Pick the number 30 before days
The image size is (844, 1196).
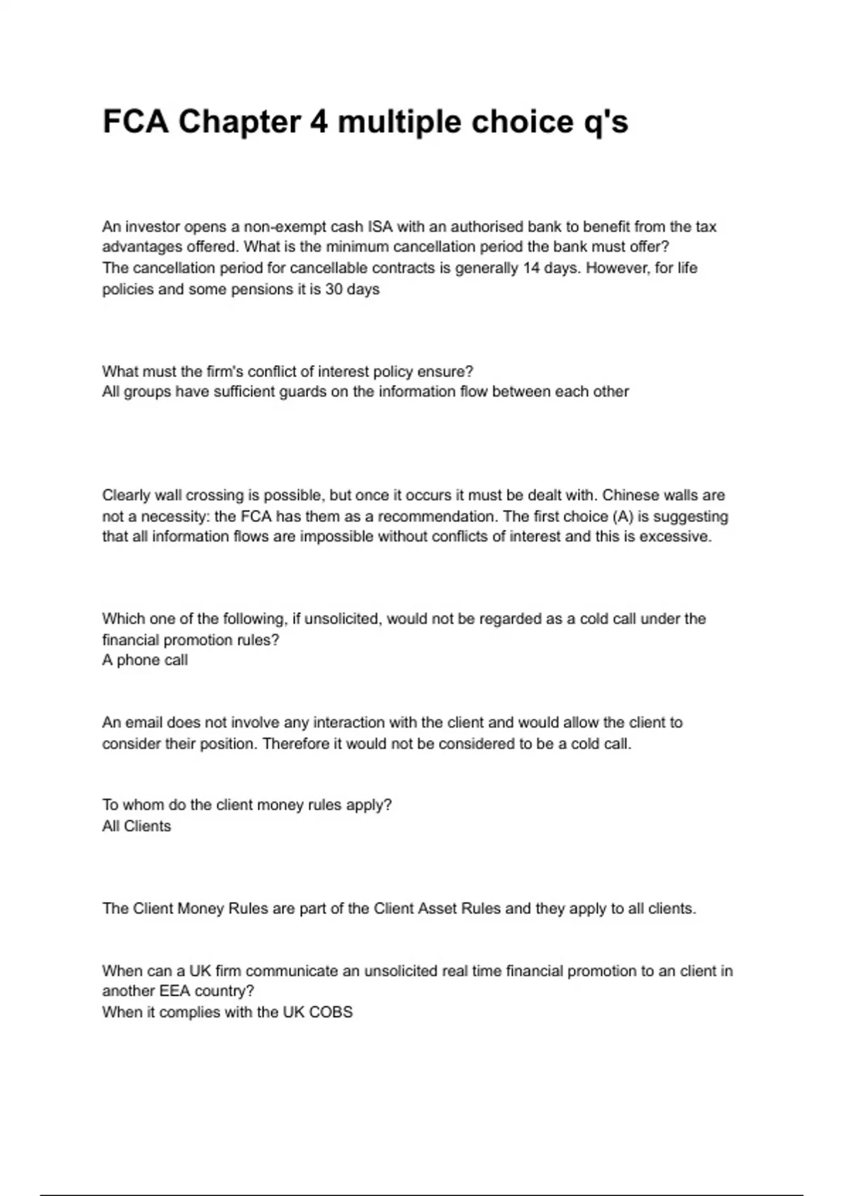(x=334, y=289)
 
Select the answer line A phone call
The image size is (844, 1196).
(x=145, y=660)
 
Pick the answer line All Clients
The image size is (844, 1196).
(x=136, y=826)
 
